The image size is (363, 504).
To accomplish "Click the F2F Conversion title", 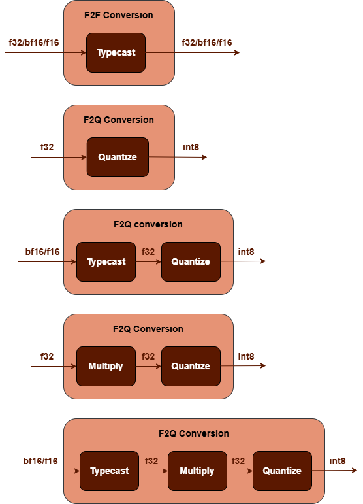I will point(119,15).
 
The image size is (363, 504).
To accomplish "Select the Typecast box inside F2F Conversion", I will point(116,52).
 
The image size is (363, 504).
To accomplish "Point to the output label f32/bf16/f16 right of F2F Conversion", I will point(207,42).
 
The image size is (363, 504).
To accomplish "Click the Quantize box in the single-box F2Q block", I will point(118,157).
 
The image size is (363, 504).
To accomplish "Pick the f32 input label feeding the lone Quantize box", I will point(47,147).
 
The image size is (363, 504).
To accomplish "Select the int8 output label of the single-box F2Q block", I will point(191,147).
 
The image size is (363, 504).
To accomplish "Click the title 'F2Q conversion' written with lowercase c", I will point(148,224).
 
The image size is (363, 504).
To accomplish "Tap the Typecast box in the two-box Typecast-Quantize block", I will point(106,261).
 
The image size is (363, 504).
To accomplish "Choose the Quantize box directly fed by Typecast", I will point(191,261).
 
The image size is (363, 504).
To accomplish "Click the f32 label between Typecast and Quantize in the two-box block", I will point(148,252).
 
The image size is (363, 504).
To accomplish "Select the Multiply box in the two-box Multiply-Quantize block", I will point(106,366).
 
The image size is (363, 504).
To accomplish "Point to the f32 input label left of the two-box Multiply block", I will point(47,356).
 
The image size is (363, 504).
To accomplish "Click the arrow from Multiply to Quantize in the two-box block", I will point(148,367).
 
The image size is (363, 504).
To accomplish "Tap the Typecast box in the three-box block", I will point(109,471).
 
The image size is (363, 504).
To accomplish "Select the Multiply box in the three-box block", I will point(197,471).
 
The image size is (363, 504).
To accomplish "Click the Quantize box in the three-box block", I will point(282,471).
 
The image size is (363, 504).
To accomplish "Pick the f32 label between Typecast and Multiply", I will point(151,461).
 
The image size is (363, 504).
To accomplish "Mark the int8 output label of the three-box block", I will point(338,461).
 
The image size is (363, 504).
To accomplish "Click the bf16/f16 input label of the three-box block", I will point(40,461).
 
